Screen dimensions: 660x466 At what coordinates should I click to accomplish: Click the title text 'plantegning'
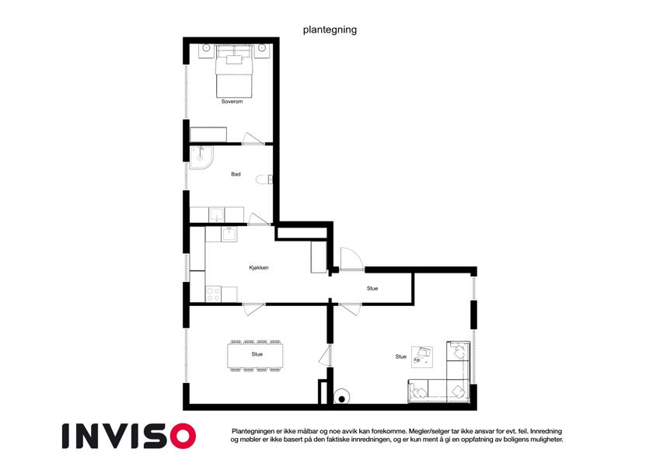point(330,30)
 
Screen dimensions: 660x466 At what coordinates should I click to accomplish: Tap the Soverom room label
point(232,102)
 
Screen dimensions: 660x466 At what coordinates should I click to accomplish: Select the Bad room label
point(236,174)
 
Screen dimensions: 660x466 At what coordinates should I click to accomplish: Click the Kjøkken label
point(258,268)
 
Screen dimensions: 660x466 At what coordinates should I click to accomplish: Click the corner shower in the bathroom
point(201,158)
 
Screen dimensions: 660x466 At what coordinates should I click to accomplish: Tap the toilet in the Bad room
point(264,179)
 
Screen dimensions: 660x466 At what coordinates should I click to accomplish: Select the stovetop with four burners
point(214,294)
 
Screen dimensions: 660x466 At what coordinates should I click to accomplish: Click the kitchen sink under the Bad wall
point(229,234)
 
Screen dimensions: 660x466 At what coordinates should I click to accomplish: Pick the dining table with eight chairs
point(255,356)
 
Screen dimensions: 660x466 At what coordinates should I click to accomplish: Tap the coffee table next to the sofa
point(422,356)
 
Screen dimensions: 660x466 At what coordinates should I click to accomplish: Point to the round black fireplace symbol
point(342,398)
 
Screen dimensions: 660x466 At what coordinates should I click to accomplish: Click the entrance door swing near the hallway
point(351,258)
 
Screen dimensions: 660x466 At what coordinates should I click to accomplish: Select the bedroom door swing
point(253,139)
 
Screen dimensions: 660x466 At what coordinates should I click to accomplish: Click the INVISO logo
point(129,436)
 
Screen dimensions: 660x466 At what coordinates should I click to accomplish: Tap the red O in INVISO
point(183,436)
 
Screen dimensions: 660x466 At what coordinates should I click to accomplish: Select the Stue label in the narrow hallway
point(372,288)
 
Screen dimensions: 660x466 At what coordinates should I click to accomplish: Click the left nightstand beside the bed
point(206,50)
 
